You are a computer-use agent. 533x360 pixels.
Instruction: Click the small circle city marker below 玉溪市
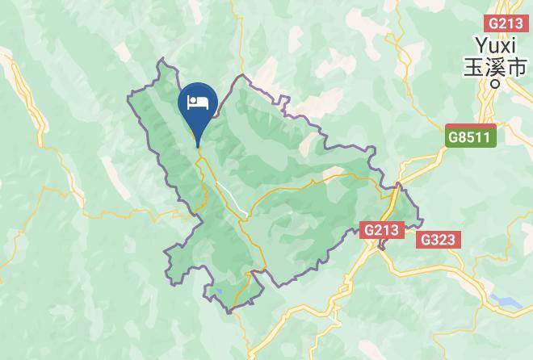point(497,81)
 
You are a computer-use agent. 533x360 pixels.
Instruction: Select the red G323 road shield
point(438,240)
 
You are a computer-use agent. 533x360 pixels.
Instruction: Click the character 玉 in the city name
point(472,67)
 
